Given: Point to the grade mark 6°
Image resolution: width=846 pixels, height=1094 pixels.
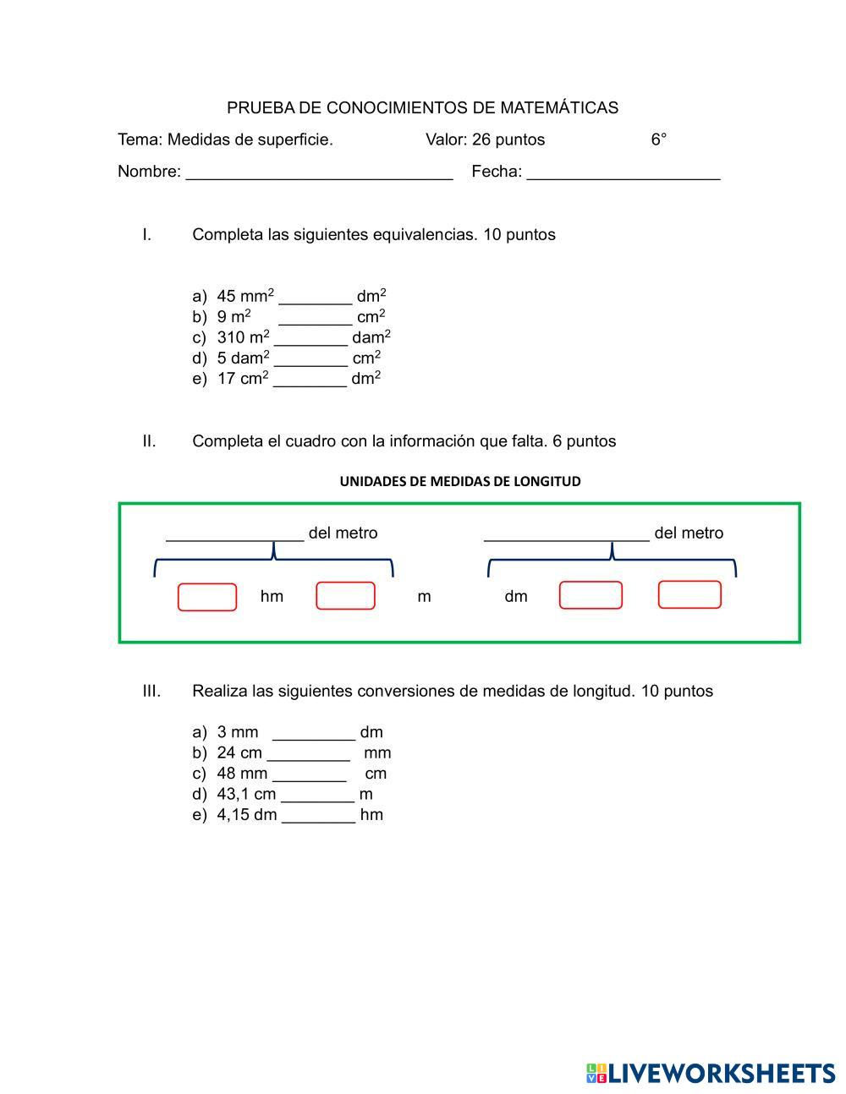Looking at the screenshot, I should coord(659,139).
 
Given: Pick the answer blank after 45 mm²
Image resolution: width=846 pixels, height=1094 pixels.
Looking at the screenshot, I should coord(315,298).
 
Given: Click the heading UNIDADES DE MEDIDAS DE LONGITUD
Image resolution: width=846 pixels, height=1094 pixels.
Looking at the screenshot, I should coord(460,482).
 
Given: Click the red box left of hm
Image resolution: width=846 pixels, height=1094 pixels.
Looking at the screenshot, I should coord(207,597).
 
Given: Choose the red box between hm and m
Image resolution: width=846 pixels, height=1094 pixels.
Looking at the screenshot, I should coord(345,596).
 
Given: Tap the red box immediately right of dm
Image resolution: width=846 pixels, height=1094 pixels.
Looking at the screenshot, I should coord(591,595).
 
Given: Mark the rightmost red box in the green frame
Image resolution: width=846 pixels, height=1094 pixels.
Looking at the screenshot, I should coord(689,595).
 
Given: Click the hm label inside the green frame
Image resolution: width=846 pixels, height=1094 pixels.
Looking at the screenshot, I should coord(272,597).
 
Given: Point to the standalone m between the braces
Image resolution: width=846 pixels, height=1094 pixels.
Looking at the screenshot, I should coord(424,597).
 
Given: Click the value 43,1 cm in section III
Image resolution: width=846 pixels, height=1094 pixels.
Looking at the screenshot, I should coord(246,794).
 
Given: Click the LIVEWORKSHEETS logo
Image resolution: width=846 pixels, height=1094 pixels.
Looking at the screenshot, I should coord(711,1074).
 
